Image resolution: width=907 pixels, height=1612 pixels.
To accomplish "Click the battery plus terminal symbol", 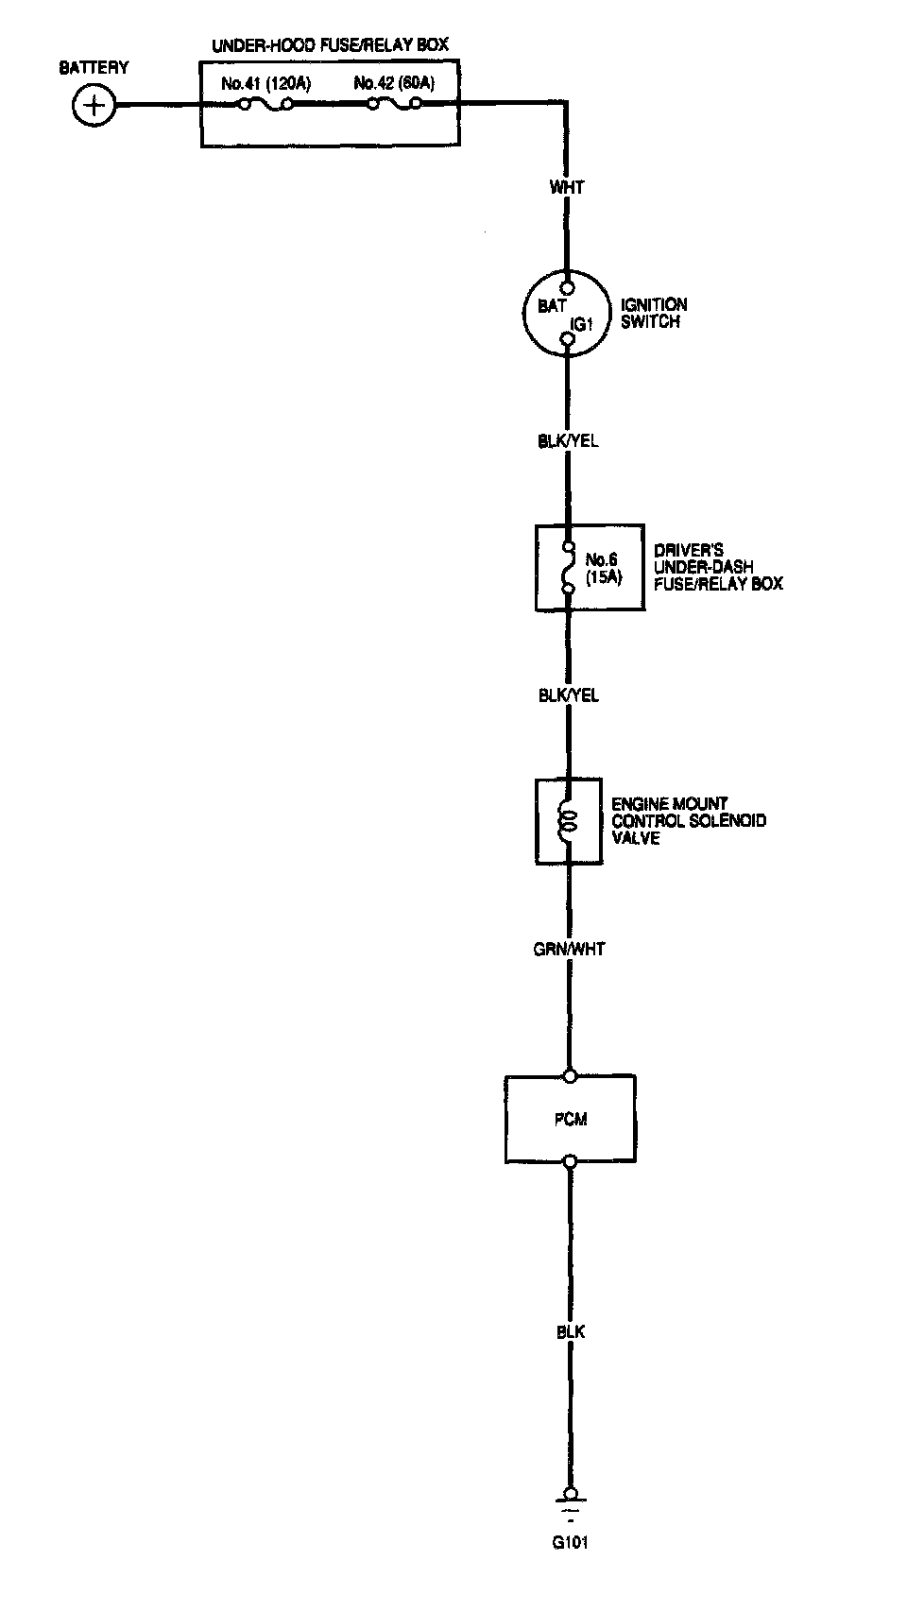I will (x=94, y=105).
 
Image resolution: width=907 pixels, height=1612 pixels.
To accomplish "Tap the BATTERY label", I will (x=94, y=68).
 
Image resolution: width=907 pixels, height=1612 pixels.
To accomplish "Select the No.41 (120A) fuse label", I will (x=265, y=84).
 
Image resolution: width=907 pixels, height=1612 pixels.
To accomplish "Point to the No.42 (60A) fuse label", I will (x=394, y=84).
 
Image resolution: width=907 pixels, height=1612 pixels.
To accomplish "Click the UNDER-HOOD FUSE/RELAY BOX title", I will (x=330, y=44).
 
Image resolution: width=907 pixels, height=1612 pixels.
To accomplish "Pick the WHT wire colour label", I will (x=567, y=187).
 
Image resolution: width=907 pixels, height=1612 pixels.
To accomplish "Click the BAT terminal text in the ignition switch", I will (x=551, y=306).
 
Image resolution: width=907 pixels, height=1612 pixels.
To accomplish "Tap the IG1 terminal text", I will (x=580, y=324).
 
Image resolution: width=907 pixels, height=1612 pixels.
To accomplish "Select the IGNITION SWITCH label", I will (x=653, y=313).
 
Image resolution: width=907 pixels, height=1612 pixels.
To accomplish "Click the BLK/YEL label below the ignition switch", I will (x=568, y=441).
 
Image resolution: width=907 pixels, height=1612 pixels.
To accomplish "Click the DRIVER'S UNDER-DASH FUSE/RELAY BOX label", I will (x=718, y=567).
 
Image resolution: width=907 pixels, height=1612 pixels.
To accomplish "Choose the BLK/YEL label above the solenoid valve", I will (x=568, y=695).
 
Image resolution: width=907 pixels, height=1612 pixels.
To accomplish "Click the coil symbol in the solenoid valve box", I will (x=568, y=821).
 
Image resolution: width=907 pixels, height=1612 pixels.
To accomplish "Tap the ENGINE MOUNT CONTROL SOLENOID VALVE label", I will (x=688, y=820).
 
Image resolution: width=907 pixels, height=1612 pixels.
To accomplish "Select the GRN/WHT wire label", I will (x=569, y=949).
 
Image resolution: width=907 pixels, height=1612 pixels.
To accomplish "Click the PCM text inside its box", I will (x=570, y=1120).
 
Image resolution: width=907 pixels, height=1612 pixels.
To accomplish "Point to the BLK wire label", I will (x=570, y=1331).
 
